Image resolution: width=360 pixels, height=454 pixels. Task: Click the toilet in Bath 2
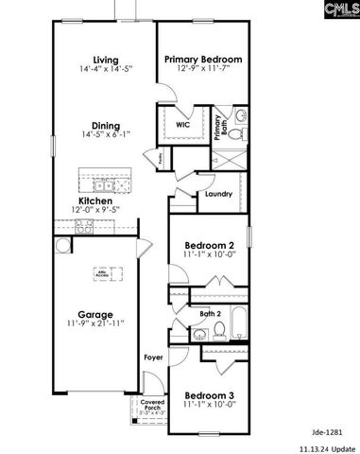click(x=218, y=330)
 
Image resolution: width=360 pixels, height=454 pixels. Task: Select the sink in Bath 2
click(x=197, y=335)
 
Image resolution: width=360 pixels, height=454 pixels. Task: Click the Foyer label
click(x=152, y=358)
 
